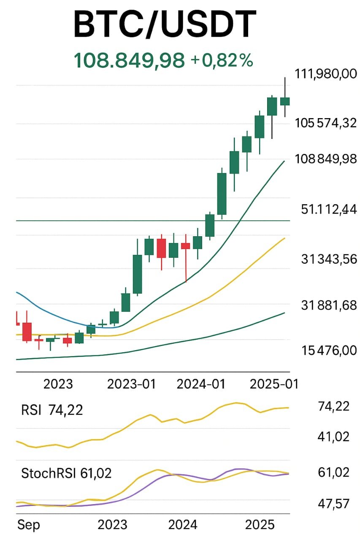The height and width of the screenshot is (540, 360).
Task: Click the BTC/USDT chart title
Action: pyautogui.click(x=165, y=25)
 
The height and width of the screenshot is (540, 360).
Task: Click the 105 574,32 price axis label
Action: pyautogui.click(x=325, y=123)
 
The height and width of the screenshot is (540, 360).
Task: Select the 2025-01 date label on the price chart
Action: pyautogui.click(x=274, y=384)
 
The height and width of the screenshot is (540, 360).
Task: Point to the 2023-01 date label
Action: pyautogui.click(x=131, y=384)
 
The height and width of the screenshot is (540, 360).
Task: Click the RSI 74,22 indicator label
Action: pyautogui.click(x=52, y=410)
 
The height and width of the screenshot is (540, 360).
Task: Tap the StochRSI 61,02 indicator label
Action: pyautogui.click(x=66, y=473)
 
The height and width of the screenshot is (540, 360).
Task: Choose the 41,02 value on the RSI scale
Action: pyautogui.click(x=333, y=437)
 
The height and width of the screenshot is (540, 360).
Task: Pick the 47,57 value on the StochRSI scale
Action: pyautogui.click(x=333, y=504)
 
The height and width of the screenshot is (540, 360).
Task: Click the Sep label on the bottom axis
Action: pyautogui.click(x=29, y=525)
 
